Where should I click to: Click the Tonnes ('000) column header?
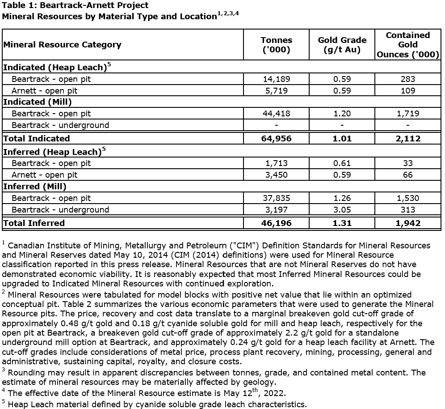click(x=276, y=45)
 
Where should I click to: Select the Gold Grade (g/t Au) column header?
click(x=342, y=45)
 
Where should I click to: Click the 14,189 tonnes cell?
click(x=276, y=79)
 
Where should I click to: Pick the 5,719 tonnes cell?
click(x=276, y=90)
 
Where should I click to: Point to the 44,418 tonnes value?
click(x=276, y=114)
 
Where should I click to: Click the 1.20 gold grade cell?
click(x=342, y=114)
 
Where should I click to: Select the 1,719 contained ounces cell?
click(x=407, y=114)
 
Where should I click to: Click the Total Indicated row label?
click(x=37, y=138)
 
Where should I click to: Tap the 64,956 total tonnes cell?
click(x=276, y=138)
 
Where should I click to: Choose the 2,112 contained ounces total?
click(x=407, y=138)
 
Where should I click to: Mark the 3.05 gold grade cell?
click(x=342, y=210)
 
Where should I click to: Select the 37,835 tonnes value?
click(x=276, y=198)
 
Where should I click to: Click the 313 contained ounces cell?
click(x=407, y=210)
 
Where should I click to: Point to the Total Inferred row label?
click(x=34, y=223)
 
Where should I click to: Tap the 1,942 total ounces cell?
click(x=407, y=223)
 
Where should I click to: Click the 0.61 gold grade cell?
click(x=342, y=163)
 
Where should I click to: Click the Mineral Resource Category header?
click(x=62, y=45)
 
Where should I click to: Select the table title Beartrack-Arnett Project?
click(x=75, y=6)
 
